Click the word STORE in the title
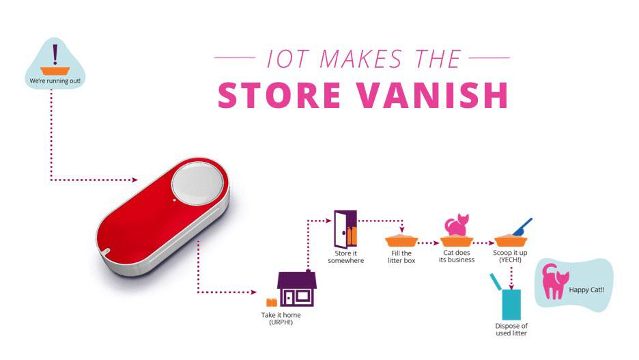coord(279,95)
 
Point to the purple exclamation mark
coord(55,54)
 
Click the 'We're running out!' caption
coord(55,81)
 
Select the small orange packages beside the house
coord(272,302)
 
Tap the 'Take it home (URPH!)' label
coord(281,318)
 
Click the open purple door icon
coord(345,229)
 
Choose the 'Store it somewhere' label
coord(345,257)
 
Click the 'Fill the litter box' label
coord(401,257)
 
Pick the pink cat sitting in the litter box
coord(457,225)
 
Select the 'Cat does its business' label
coord(457,256)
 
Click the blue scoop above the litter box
coord(522,227)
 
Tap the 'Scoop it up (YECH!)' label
coord(510,256)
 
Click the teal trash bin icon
coord(508,298)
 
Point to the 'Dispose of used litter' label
coord(511,329)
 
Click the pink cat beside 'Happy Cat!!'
coord(554,281)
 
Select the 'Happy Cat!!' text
coord(586,290)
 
